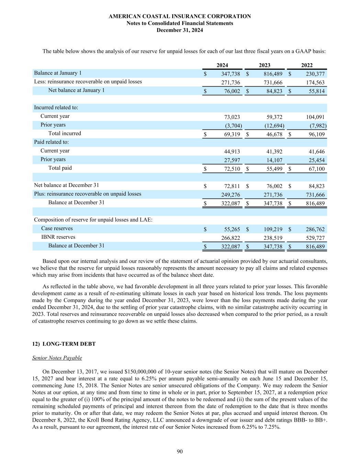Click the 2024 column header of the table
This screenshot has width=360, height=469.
click(x=222, y=65)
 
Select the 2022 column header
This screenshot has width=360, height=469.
click(x=307, y=65)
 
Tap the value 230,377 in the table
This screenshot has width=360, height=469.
click(x=315, y=74)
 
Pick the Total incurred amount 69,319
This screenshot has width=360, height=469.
click(x=232, y=134)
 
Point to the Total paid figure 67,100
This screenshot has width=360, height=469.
click(x=316, y=169)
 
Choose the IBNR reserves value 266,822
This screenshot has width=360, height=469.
click(x=230, y=238)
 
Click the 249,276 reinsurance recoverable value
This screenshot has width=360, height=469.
click(x=230, y=195)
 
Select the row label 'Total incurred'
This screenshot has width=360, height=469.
click(x=65, y=133)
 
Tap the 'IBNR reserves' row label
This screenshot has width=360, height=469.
click(x=58, y=237)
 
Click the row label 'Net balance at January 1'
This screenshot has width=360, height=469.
click(x=76, y=90)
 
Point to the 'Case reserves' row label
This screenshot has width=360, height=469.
click(x=57, y=228)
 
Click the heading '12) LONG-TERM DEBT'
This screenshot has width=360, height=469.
click(x=64, y=344)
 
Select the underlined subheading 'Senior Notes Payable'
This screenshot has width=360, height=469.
click(x=57, y=358)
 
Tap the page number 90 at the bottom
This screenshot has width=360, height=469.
click(x=180, y=451)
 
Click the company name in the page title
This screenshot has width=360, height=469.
click(x=180, y=16)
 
